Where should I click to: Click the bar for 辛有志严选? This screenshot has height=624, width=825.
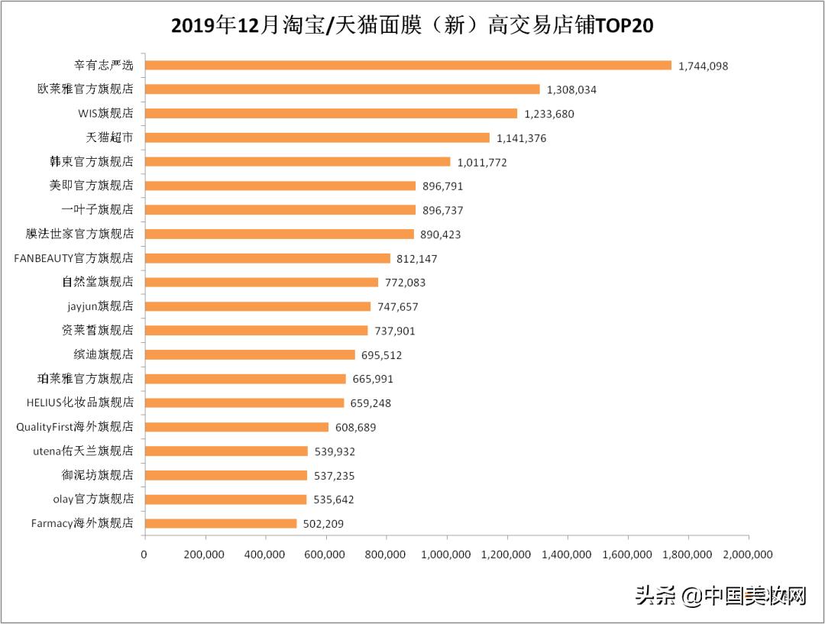(x=408, y=66)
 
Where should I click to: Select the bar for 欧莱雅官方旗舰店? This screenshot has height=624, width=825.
(x=342, y=89)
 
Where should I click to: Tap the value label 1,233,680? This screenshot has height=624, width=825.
(x=548, y=114)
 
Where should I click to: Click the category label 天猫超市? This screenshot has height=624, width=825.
(x=109, y=137)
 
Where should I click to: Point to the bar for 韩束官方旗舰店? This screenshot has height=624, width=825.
(x=298, y=162)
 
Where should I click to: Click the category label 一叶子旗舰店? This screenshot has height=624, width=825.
(x=97, y=210)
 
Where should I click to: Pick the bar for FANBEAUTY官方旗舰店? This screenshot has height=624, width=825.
(x=267, y=258)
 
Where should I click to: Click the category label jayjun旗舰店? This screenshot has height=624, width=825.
(x=100, y=306)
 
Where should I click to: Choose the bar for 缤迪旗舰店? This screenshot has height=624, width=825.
(x=250, y=354)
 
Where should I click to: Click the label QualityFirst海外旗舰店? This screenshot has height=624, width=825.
(x=75, y=427)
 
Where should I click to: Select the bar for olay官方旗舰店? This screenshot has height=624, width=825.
(x=225, y=500)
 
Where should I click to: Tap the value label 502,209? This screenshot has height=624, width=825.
(x=329, y=524)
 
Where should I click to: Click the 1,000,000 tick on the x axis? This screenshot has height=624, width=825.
(x=446, y=554)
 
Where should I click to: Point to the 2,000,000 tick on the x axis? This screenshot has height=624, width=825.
(x=747, y=554)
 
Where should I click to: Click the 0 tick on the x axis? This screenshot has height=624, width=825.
(x=144, y=554)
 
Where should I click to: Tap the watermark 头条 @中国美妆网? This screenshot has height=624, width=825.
(x=720, y=596)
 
